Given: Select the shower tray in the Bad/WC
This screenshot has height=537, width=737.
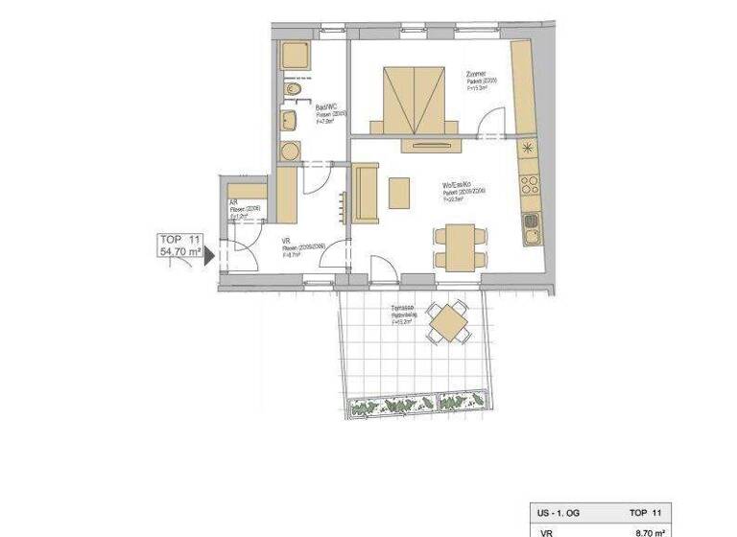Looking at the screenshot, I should [293, 55].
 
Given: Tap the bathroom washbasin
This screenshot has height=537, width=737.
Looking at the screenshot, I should [290, 122].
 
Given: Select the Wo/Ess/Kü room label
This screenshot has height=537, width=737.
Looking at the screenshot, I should [454, 185].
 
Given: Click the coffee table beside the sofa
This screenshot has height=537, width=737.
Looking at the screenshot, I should [399, 192].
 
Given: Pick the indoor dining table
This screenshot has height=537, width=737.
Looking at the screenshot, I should [458, 246].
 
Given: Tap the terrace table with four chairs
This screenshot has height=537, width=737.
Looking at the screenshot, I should [449, 323].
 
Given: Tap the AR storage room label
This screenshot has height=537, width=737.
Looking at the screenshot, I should [233, 202].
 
